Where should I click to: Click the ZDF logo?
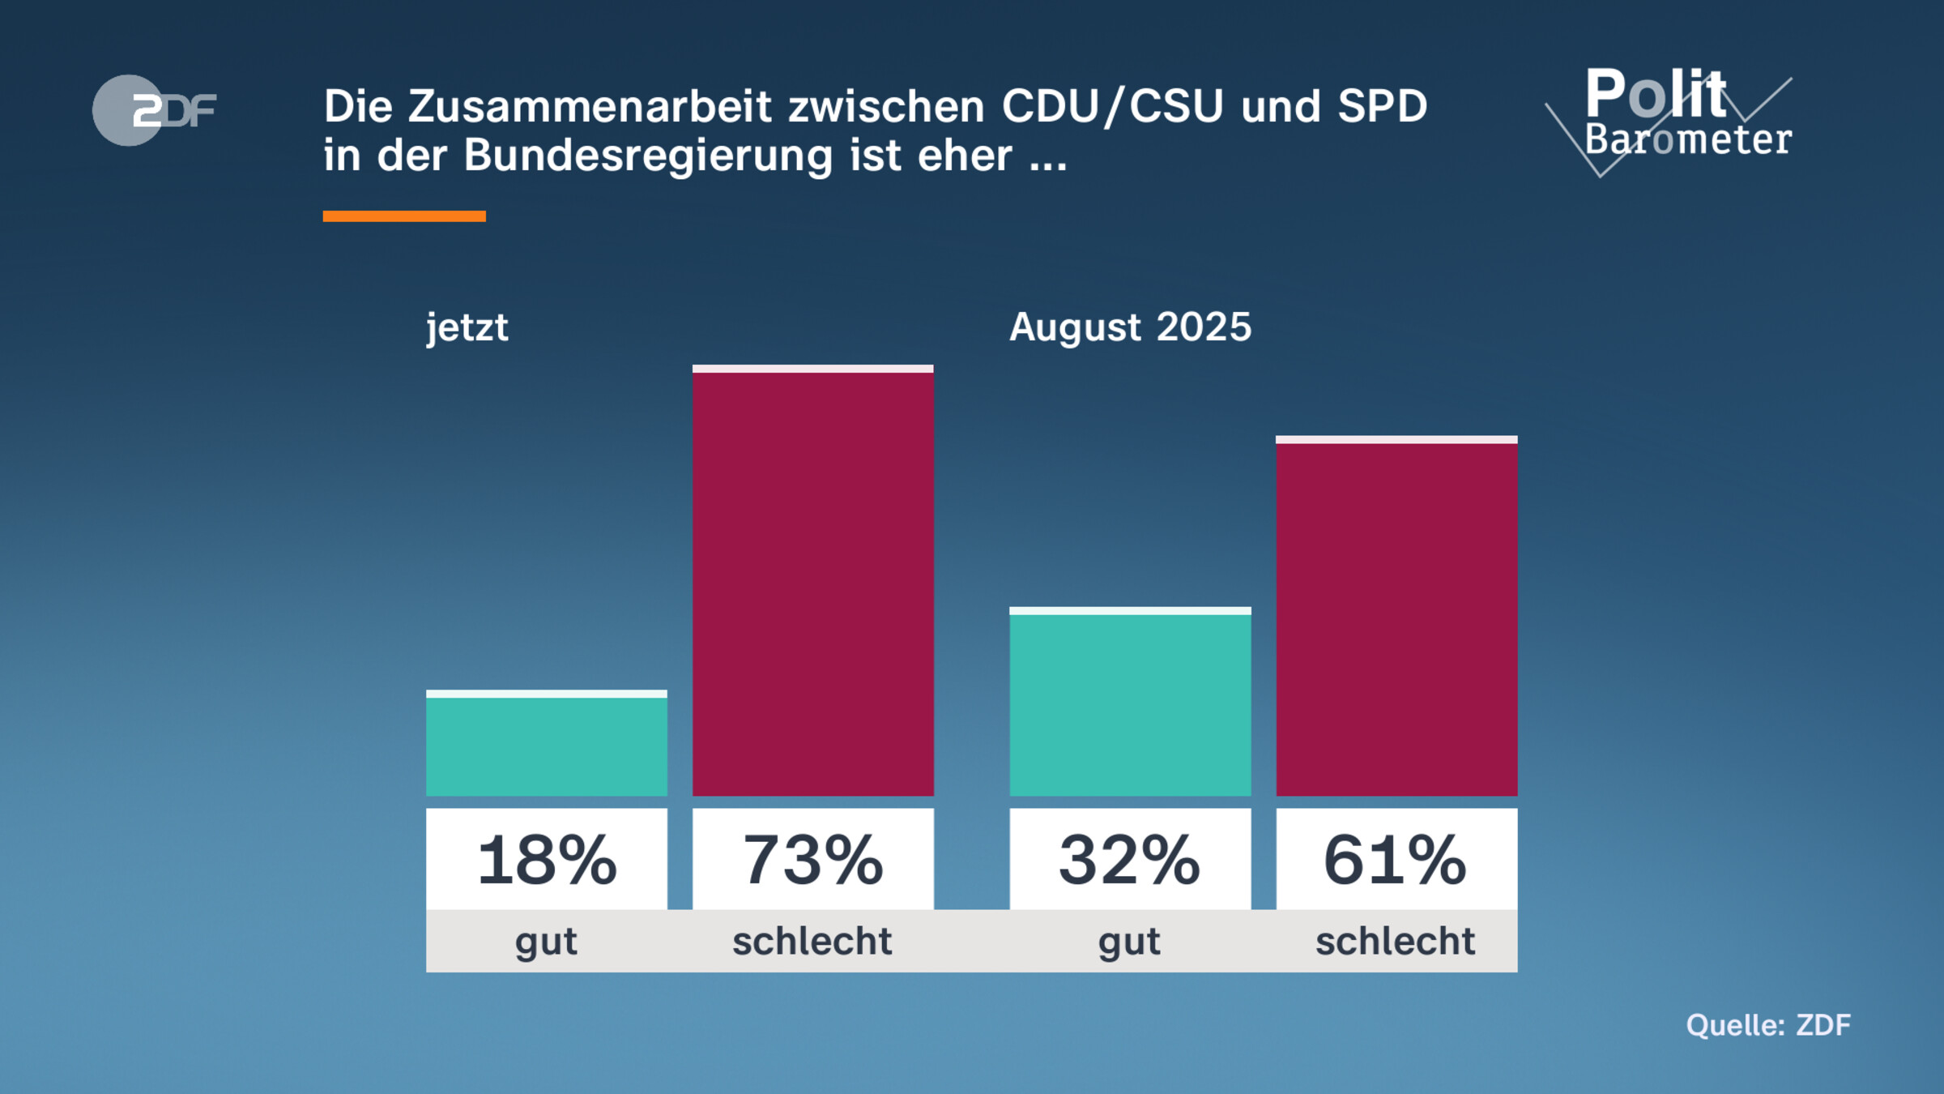[154, 110]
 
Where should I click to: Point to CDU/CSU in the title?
[1111, 107]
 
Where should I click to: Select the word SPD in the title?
[1382, 107]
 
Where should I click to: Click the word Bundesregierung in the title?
[648, 156]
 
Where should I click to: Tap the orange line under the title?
[404, 216]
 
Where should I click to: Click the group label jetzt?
[467, 327]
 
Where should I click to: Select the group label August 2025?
[1130, 327]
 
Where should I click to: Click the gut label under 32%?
[1129, 942]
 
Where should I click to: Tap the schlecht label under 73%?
[812, 942]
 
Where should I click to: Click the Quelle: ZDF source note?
[1768, 1025]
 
